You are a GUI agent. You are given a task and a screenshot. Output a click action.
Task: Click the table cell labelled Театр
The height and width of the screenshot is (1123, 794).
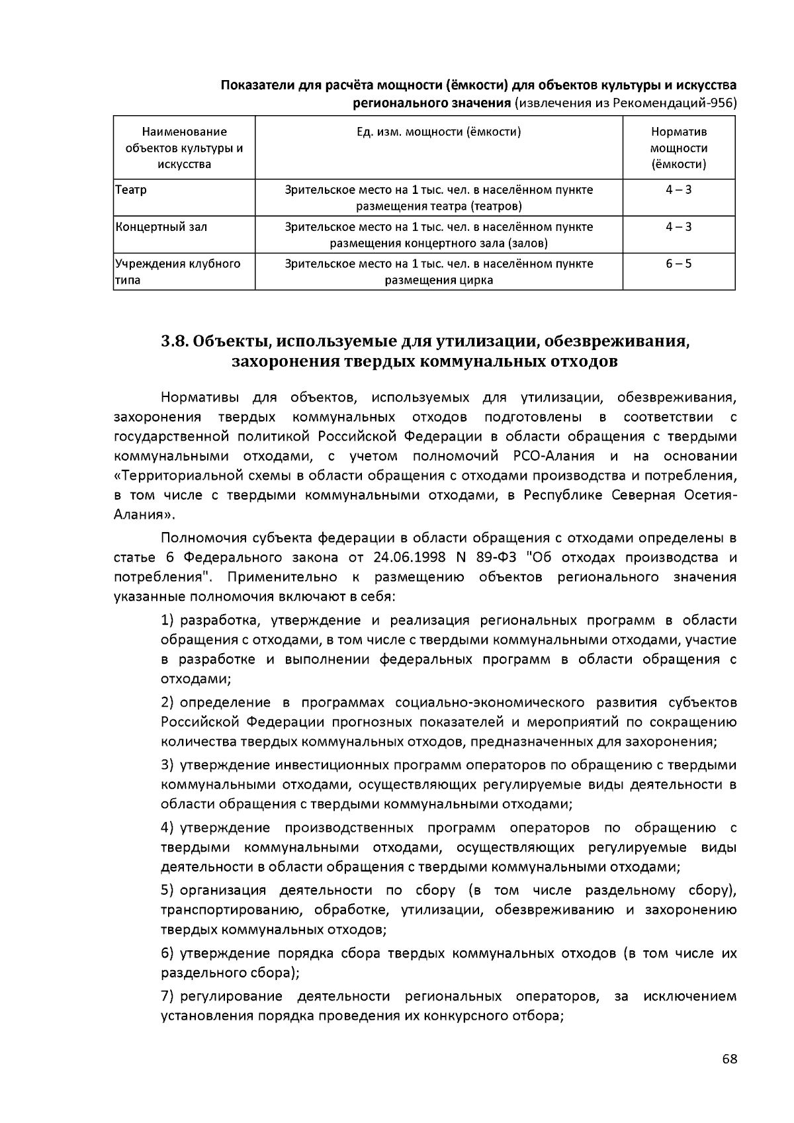coord(131,190)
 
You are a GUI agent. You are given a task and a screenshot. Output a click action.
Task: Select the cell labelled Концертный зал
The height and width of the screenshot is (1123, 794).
coord(161,227)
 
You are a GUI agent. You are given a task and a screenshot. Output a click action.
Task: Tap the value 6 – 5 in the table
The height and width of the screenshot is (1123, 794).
coord(678,263)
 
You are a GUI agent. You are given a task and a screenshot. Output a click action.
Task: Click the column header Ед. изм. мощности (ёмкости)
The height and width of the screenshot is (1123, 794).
coord(439,132)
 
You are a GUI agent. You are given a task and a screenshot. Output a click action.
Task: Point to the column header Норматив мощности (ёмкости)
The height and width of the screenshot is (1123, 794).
coord(678,148)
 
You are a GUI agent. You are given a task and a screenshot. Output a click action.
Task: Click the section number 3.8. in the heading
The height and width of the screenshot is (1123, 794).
coord(175,342)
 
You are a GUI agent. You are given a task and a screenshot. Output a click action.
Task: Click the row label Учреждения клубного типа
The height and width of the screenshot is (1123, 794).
coord(177,271)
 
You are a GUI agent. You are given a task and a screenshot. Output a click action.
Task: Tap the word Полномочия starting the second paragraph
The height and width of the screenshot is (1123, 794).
coord(199,537)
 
